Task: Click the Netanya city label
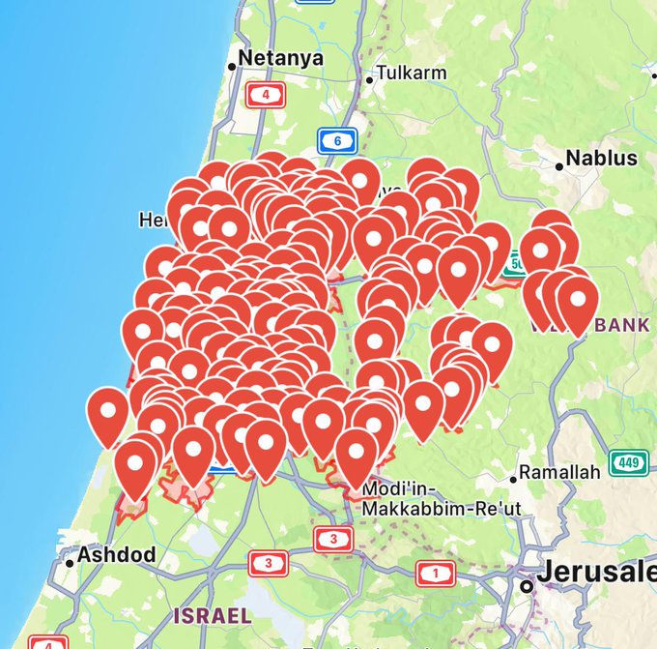tap(281, 58)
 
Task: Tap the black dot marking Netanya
tap(232, 67)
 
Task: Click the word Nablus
tap(601, 158)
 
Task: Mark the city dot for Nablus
tap(559, 167)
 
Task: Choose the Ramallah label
tap(559, 472)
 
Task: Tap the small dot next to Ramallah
tap(513, 478)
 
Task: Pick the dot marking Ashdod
tap(71, 562)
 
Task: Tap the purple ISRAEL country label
tap(213, 614)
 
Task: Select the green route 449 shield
tap(629, 463)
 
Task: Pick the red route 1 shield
tap(436, 574)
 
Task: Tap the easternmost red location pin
tap(578, 301)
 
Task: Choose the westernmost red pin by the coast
tap(108, 412)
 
